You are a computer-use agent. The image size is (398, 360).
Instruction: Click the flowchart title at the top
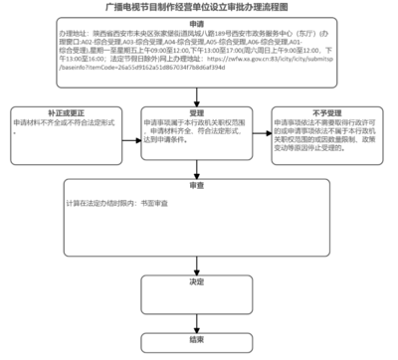pyautogui.click(x=198, y=7)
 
